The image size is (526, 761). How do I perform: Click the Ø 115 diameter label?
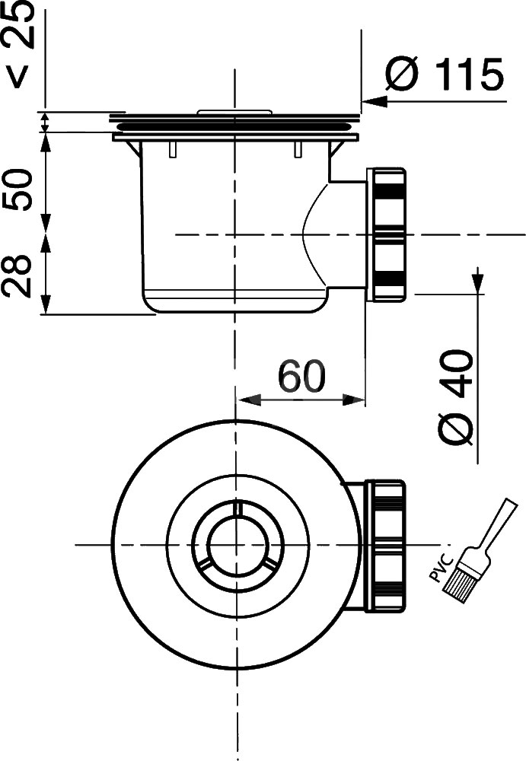point(445,75)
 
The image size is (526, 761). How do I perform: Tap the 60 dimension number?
point(301,377)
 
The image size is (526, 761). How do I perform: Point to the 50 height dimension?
point(18,189)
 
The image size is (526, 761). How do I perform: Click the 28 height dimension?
point(17,276)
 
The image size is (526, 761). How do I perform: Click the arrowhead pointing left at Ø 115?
point(375,101)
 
